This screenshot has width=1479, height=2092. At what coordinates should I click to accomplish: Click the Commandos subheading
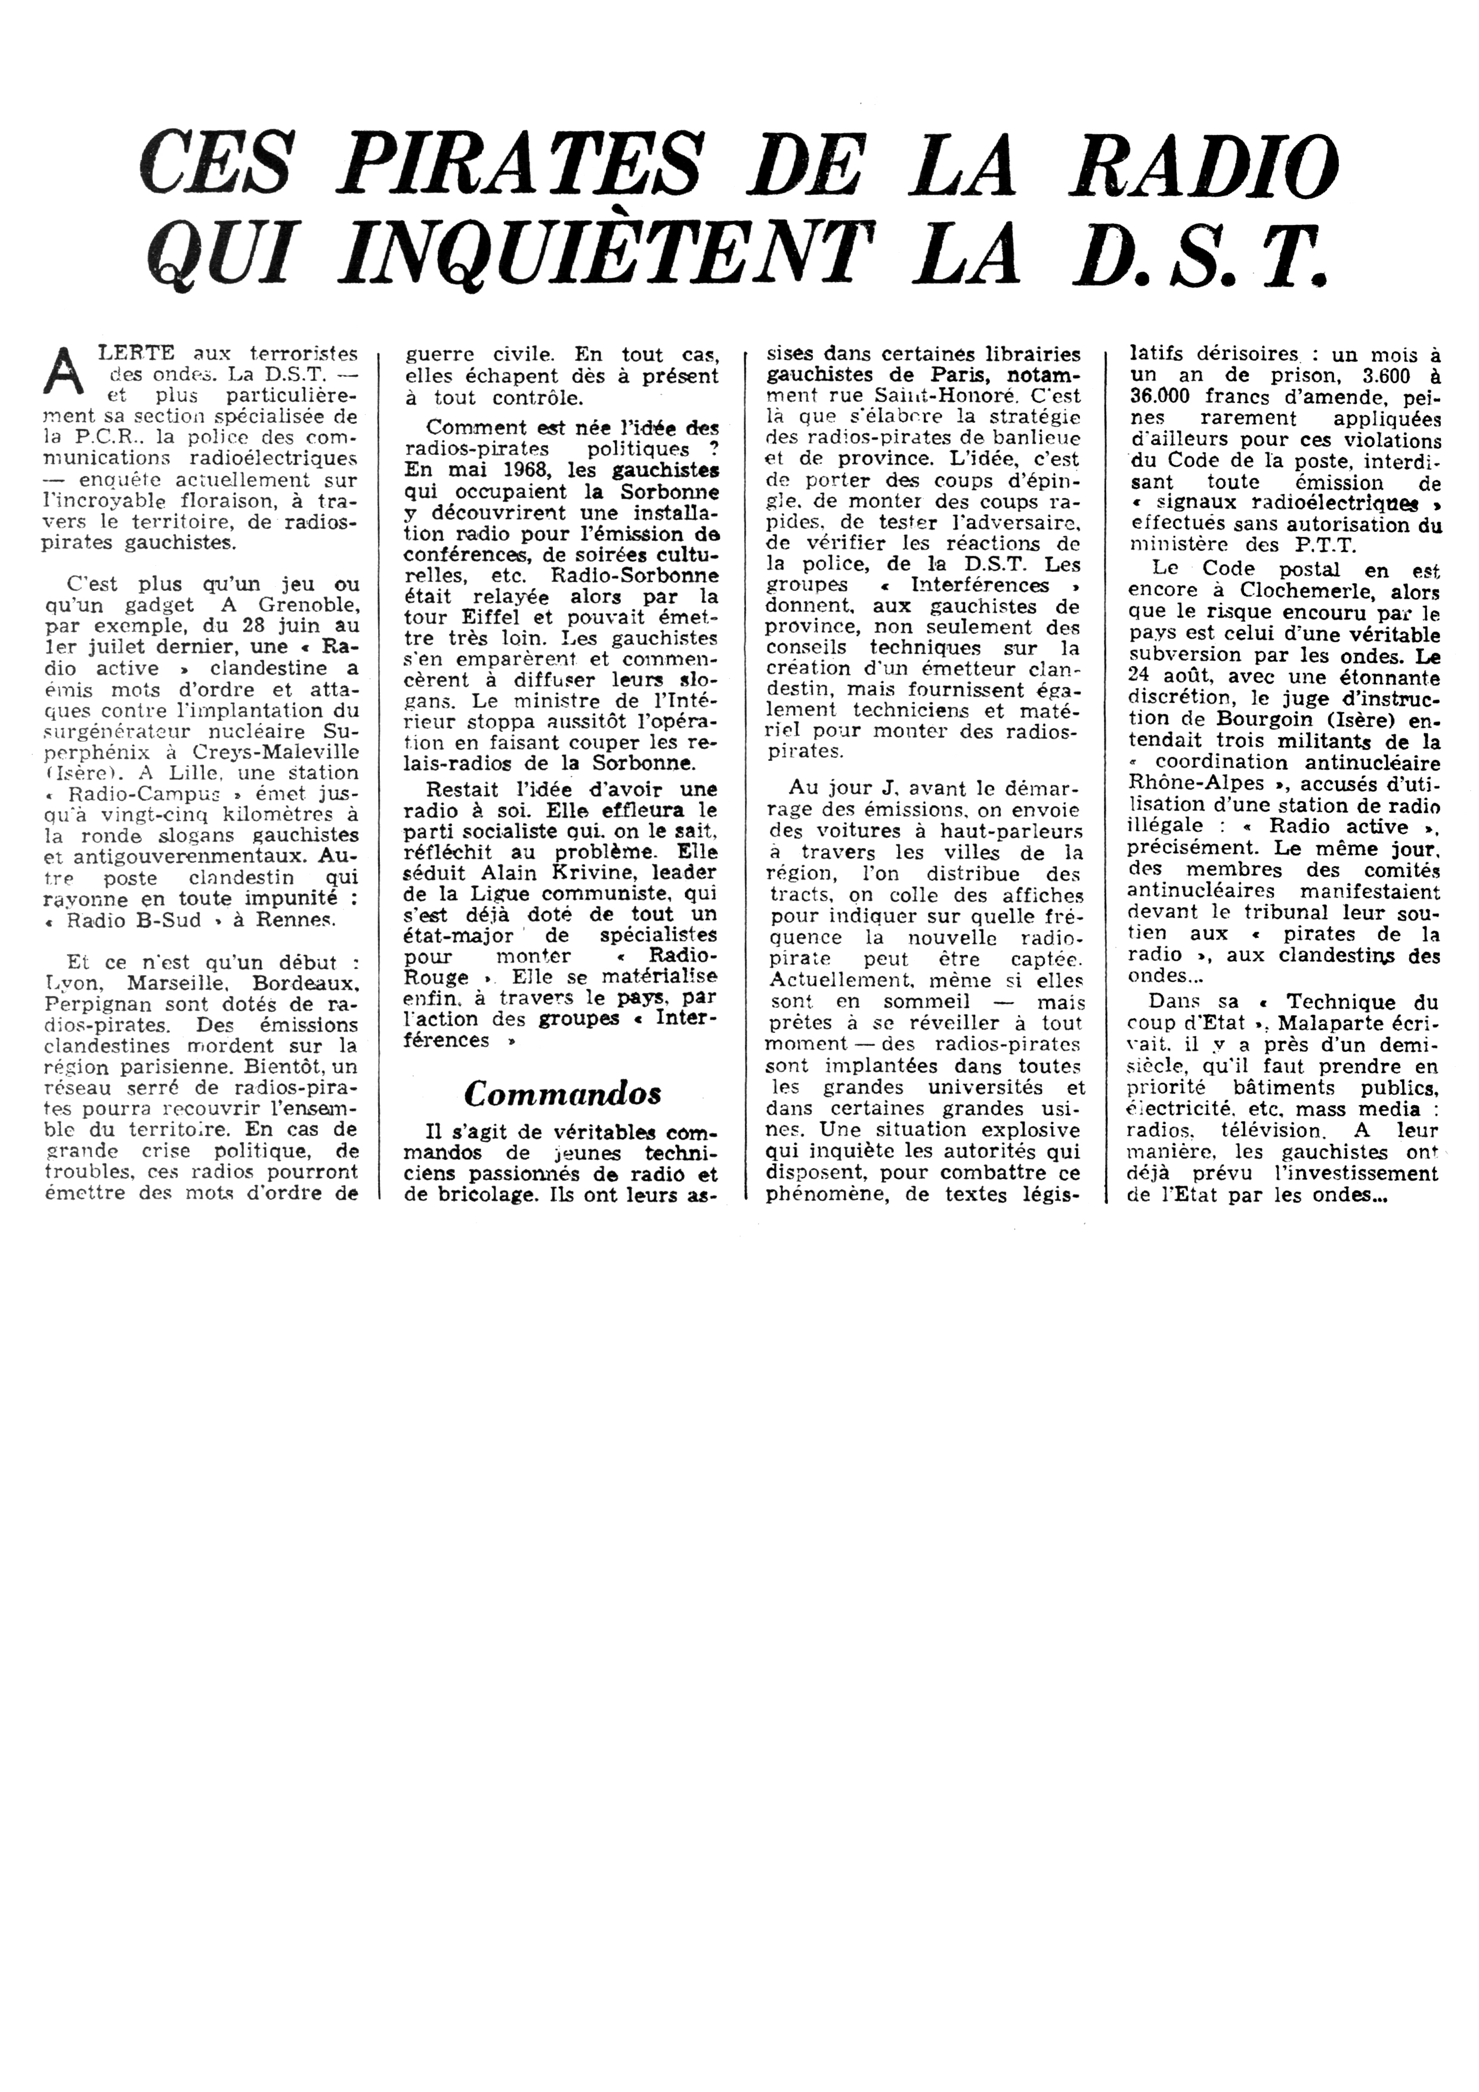[562, 1093]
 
